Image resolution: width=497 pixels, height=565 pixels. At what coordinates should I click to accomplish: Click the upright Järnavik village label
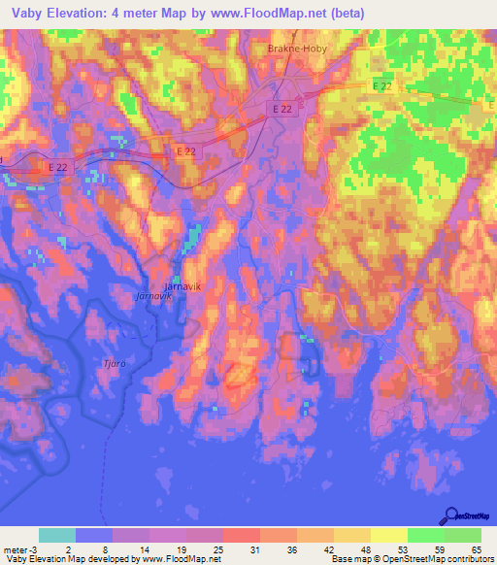pos(182,287)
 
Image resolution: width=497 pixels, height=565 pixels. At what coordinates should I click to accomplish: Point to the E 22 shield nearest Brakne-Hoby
pos(282,110)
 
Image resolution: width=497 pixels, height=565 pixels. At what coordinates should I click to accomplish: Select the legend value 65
pos(476,549)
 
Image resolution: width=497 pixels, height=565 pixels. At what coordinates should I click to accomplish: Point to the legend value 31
pos(253,549)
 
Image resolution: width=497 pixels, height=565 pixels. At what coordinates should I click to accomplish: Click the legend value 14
pos(143,549)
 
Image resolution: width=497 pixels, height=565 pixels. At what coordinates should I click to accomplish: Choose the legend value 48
pos(365,549)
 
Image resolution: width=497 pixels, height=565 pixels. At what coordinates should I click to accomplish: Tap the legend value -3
pos(32,549)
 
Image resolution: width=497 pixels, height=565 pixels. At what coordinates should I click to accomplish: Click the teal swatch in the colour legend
pos(57,535)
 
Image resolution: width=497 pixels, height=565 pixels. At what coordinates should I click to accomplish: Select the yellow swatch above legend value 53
pos(389,535)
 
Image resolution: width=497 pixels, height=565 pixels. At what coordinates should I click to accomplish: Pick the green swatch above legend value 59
pos(426,535)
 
